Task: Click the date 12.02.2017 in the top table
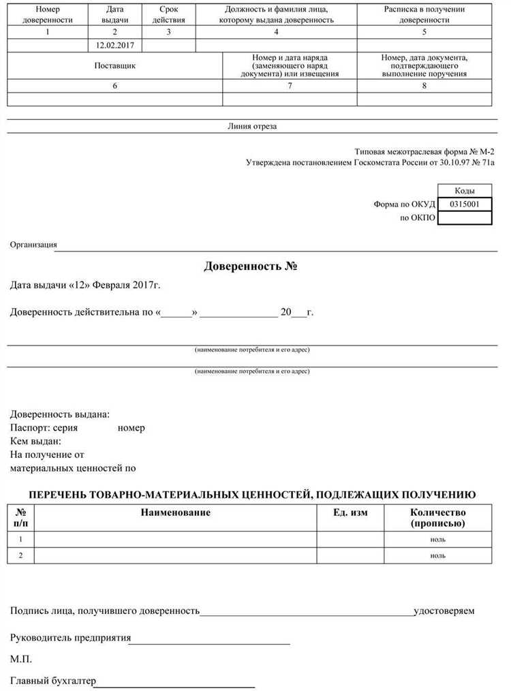tap(115, 45)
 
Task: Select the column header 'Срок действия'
tap(169, 15)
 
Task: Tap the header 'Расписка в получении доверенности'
tap(424, 15)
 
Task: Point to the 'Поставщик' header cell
tap(114, 66)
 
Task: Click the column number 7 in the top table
tap(290, 86)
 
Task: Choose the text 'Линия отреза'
tap(252, 126)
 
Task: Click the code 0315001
tap(464, 204)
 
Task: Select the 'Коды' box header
tap(464, 191)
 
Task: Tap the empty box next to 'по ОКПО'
tap(464, 218)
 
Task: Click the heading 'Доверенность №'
tap(252, 266)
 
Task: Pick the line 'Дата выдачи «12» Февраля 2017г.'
tap(85, 285)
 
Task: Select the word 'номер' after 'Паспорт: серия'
tap(131, 428)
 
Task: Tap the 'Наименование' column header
tap(176, 512)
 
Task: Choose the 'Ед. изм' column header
tap(350, 512)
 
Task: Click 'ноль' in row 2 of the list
tap(437, 555)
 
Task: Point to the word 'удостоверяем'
tap(444, 611)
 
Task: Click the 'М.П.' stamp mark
tap(21, 659)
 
